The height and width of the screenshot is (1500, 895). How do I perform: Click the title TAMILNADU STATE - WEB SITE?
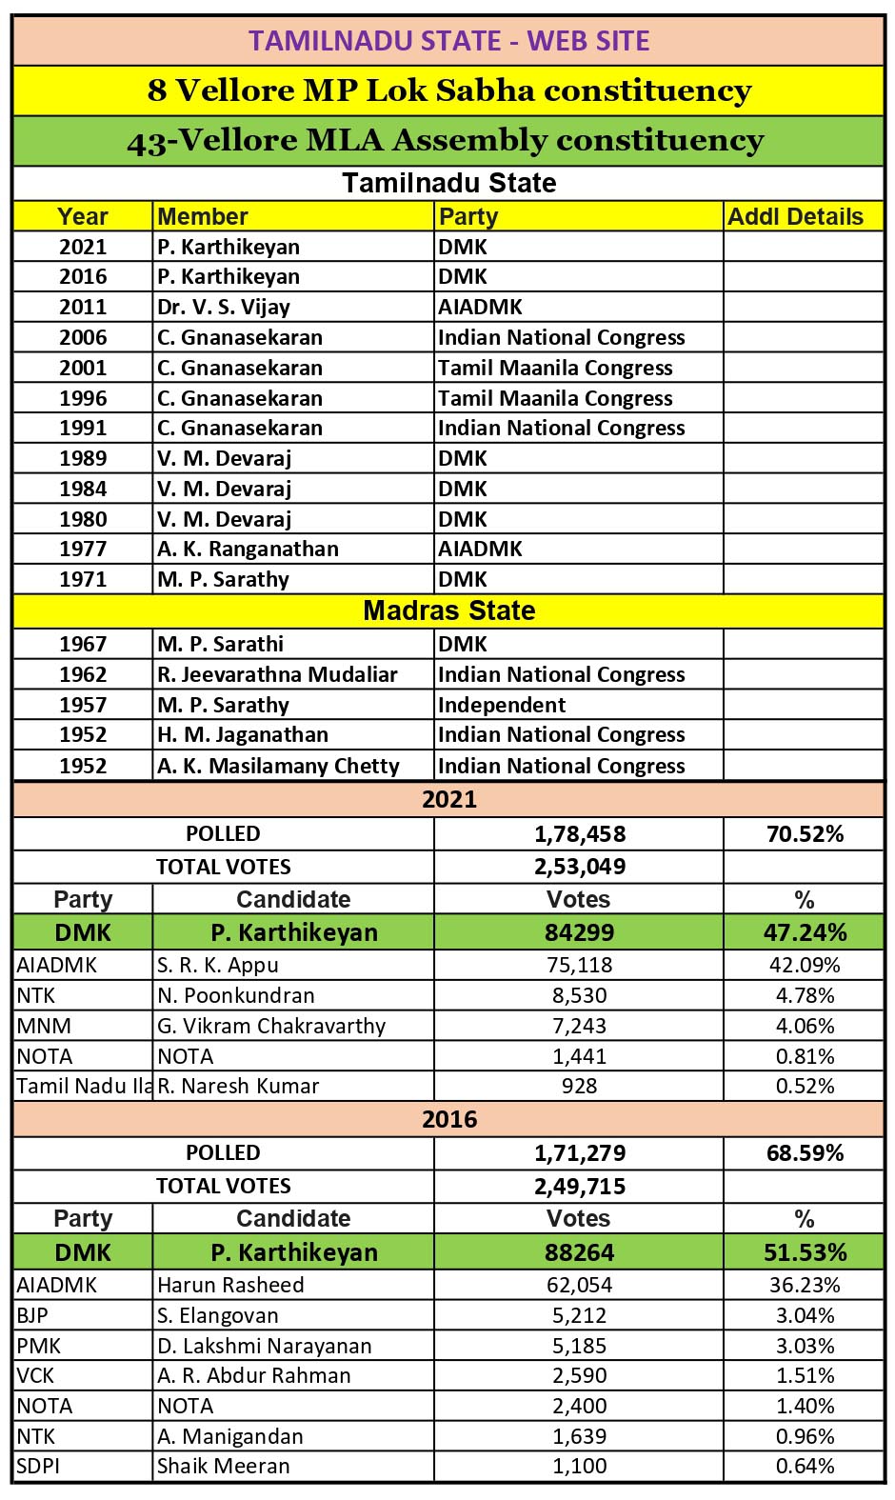coord(448,41)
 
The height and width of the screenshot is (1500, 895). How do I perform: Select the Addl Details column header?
coord(795,217)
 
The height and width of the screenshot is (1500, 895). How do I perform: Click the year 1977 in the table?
coord(83,549)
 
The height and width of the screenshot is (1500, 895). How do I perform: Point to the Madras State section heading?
coord(448,610)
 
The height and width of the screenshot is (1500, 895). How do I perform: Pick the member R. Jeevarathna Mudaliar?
coord(277,674)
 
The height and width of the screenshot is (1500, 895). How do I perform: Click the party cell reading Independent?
coord(502,705)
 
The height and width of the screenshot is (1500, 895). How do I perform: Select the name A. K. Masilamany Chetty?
coord(278,766)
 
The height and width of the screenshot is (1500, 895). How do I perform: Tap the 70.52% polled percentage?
coord(805,834)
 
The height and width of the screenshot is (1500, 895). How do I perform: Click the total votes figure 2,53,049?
coord(579,867)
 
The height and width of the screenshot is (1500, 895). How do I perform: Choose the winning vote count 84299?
coord(579,932)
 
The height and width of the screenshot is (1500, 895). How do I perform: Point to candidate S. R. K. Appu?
coord(218,965)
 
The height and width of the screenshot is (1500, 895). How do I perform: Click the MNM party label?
coord(44,1026)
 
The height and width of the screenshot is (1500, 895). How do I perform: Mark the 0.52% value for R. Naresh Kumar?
coord(805,1086)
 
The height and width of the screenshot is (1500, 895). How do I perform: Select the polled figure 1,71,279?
coord(579,1153)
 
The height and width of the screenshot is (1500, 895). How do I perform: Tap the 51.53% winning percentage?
coord(805,1252)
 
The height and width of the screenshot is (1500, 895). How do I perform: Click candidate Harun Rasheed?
coord(230,1285)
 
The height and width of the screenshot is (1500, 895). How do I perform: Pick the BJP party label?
coord(32,1315)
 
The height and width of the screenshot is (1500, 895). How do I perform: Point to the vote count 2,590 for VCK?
coord(579,1375)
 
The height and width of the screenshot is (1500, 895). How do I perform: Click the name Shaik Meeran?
coord(224,1466)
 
